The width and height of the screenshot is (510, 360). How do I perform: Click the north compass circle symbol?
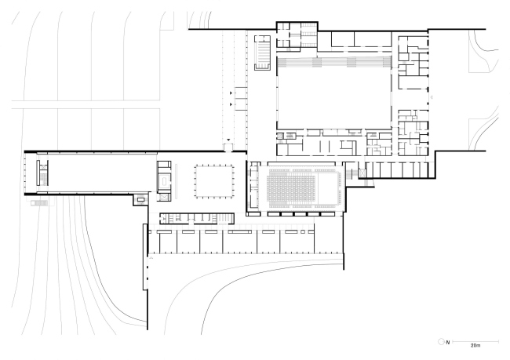pos(442,342)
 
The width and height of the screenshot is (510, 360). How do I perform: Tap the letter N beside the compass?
pos(448,342)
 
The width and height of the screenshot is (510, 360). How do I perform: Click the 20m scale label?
pos(475,345)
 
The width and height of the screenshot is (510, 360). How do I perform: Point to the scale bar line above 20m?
pos(475,341)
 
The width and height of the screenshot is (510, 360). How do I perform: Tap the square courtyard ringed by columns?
pos(214,181)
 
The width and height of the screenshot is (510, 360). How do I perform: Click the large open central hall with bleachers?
pos(334,93)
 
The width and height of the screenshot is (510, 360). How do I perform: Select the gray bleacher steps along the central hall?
pos(334,61)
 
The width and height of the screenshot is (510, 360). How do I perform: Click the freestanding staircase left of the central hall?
pos(262,53)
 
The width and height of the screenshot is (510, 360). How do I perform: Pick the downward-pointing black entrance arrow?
pos(228,140)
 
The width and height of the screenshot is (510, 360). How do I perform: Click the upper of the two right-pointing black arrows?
pos(231,93)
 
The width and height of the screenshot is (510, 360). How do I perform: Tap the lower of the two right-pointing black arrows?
pos(231,104)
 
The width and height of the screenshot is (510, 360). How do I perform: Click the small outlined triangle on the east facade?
pos(432,97)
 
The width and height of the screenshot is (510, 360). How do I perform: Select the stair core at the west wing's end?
pos(42,173)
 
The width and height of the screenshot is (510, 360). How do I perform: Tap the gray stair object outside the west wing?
pos(39,203)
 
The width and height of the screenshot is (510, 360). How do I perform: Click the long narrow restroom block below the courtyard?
pos(197,219)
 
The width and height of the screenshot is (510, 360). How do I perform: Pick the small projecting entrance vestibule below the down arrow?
pos(228,147)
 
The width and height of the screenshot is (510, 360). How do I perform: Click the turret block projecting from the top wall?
pos(297,36)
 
